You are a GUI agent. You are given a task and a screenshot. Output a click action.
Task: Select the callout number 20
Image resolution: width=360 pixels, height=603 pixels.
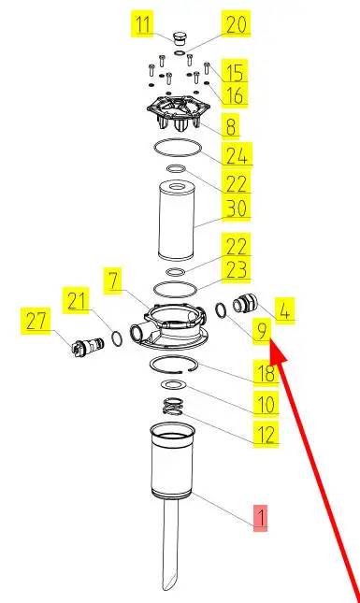(236, 24)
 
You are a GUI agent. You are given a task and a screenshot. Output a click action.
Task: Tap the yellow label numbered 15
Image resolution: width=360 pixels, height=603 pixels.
(234, 71)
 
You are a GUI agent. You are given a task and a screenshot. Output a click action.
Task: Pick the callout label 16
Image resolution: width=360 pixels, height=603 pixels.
(234, 94)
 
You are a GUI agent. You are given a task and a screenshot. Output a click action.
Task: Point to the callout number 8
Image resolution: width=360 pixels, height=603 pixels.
(230, 126)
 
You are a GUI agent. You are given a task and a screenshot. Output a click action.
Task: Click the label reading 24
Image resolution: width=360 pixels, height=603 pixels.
(237, 155)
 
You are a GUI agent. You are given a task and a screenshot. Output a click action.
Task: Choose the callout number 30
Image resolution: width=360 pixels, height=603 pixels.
(236, 208)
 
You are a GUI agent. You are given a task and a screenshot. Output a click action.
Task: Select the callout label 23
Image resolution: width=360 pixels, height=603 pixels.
(236, 269)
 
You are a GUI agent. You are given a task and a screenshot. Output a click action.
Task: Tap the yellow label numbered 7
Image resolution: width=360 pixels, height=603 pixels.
(113, 280)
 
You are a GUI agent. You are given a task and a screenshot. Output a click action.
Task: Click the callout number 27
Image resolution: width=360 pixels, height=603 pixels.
(36, 321)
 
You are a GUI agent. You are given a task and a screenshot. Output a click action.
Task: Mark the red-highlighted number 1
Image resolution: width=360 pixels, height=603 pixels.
(260, 518)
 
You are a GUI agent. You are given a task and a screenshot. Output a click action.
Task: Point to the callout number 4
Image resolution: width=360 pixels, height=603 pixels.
(284, 310)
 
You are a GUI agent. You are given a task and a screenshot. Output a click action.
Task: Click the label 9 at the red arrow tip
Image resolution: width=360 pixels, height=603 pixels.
(262, 331)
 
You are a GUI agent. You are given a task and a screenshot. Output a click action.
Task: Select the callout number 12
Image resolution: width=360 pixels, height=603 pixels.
(266, 435)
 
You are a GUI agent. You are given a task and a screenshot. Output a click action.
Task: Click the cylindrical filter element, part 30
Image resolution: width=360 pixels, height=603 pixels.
(176, 222)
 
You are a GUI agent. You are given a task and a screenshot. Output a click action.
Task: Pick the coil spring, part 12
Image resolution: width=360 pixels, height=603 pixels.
(172, 406)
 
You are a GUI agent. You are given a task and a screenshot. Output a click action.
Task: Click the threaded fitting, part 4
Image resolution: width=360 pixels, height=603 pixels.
(242, 306)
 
